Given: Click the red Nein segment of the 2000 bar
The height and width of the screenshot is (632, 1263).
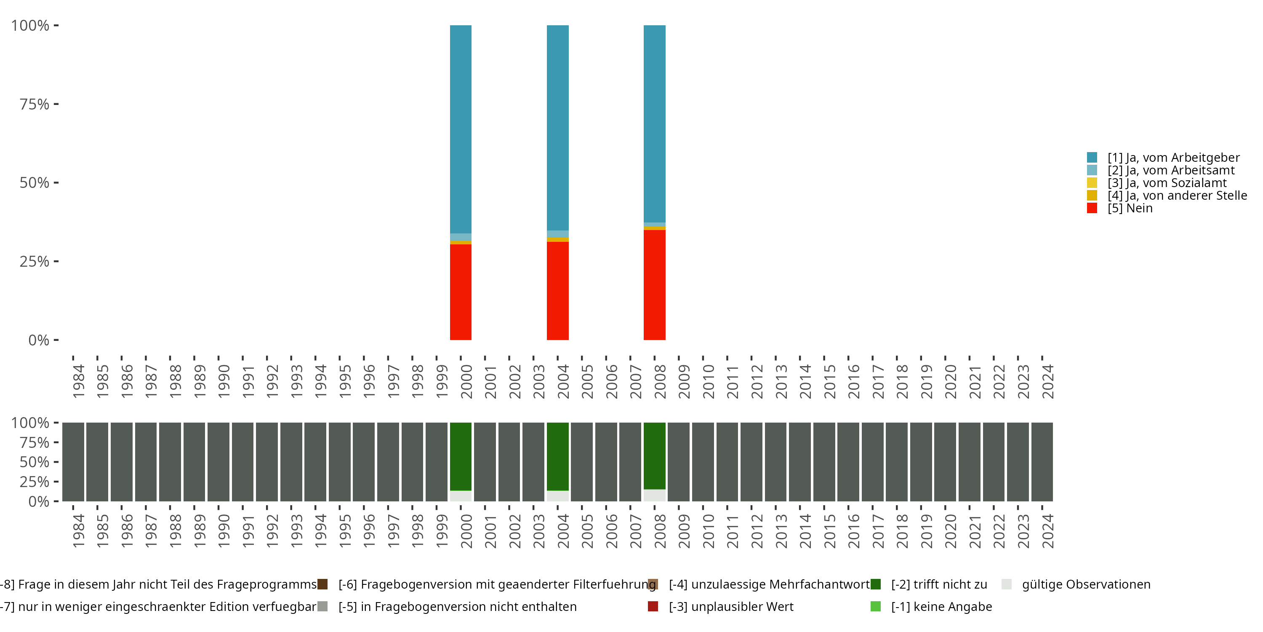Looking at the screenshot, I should [x=461, y=292].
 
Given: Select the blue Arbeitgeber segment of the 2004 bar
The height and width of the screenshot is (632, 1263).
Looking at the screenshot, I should [x=557, y=128].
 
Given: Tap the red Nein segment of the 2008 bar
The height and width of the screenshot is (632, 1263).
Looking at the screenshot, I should [x=654, y=284].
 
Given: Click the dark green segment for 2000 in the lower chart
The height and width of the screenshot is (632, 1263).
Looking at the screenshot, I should [x=461, y=456].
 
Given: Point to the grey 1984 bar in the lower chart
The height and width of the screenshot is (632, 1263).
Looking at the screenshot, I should [x=73, y=462].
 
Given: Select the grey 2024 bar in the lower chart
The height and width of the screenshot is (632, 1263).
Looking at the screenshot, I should [x=1042, y=462].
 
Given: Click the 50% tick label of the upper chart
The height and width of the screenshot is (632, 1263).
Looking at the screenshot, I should [x=35, y=182].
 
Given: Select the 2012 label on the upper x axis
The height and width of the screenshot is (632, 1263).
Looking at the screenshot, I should [x=757, y=382].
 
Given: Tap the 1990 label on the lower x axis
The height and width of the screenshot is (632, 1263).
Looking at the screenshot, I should [x=224, y=531].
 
